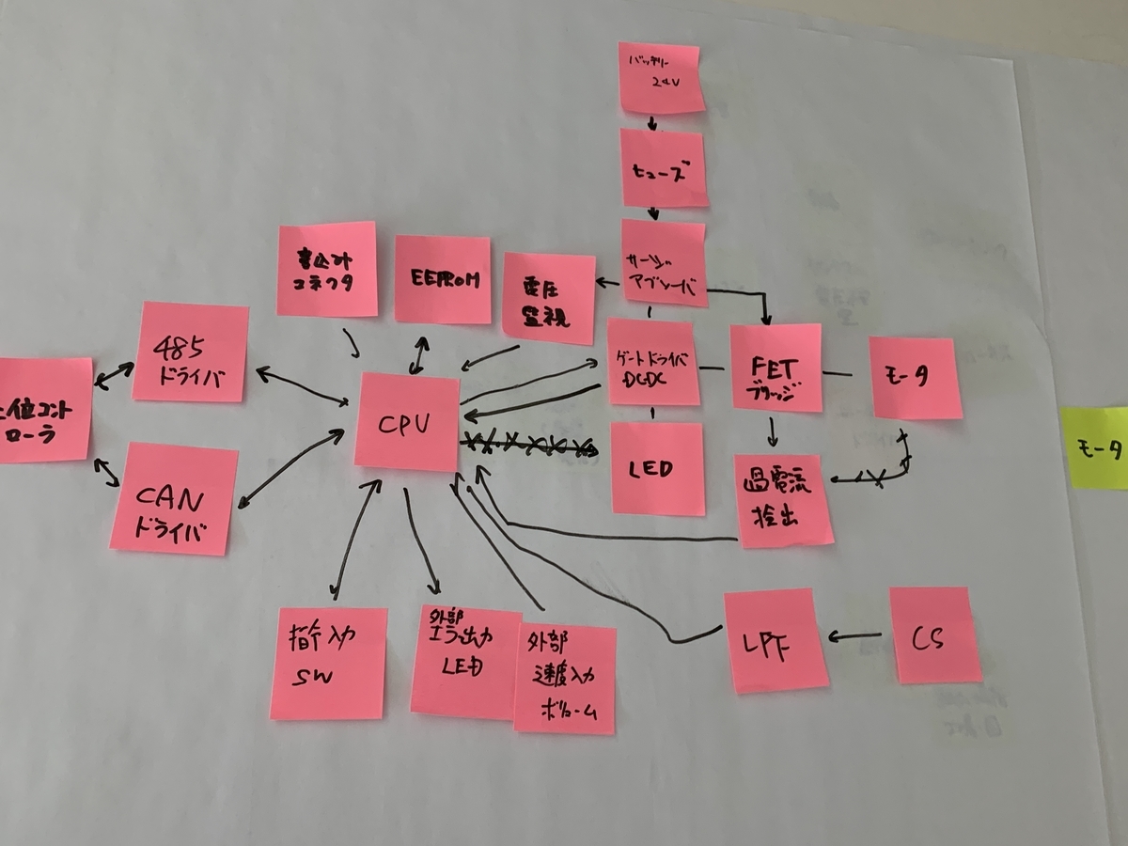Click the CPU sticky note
407,422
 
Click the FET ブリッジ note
775,368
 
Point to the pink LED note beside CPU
657,467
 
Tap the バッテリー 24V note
661,77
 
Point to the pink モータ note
916,377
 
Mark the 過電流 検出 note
783,500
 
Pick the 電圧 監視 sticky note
550,297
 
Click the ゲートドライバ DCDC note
654,362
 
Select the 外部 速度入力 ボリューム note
565,679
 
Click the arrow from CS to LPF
855,638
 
